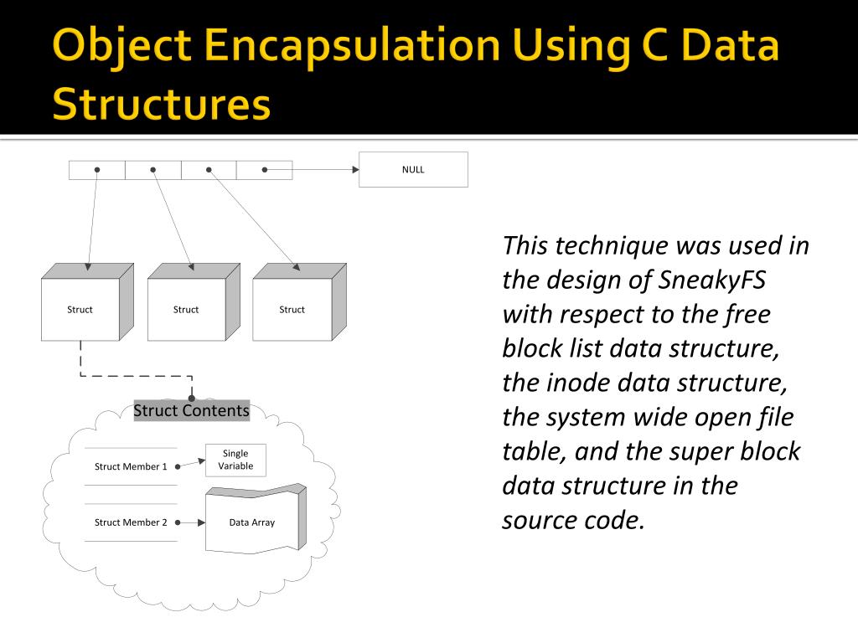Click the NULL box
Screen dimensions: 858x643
click(x=413, y=169)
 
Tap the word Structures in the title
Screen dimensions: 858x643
click(x=161, y=105)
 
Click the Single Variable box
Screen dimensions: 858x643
click(x=235, y=460)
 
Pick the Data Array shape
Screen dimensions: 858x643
click(x=252, y=522)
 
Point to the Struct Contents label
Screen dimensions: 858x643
click(x=191, y=410)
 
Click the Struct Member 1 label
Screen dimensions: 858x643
click(x=131, y=466)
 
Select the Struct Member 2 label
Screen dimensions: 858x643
click(x=131, y=522)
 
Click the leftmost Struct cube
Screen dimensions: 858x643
click(x=80, y=310)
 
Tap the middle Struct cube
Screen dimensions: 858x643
click(x=186, y=310)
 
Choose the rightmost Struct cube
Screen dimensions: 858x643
click(x=292, y=310)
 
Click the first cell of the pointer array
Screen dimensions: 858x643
click(x=97, y=170)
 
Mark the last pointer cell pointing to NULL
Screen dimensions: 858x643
click(x=264, y=170)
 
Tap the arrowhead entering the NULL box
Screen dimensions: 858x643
click(x=354, y=170)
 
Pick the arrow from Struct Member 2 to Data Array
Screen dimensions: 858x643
click(x=191, y=522)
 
